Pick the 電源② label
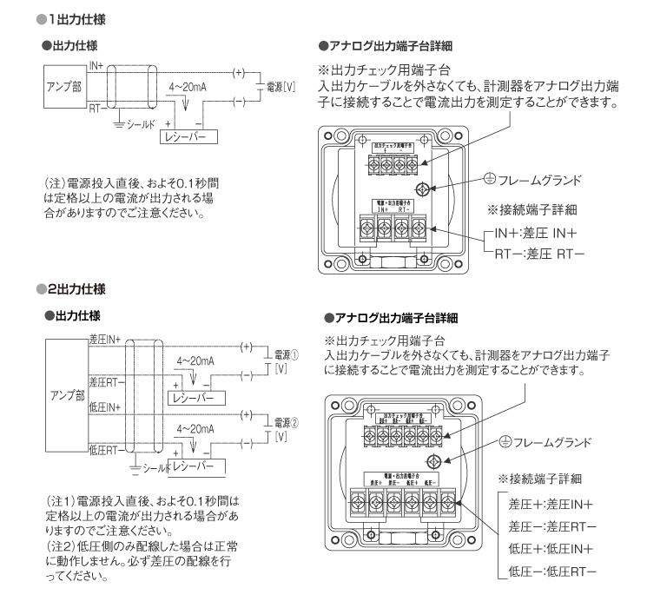[286, 422]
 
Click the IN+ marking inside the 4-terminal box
[383, 209]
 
